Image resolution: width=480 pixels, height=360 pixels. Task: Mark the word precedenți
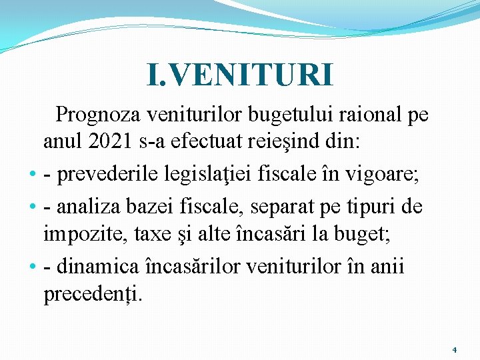pyautogui.click(x=92, y=294)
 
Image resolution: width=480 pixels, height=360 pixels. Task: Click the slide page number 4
pyautogui.click(x=454, y=349)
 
